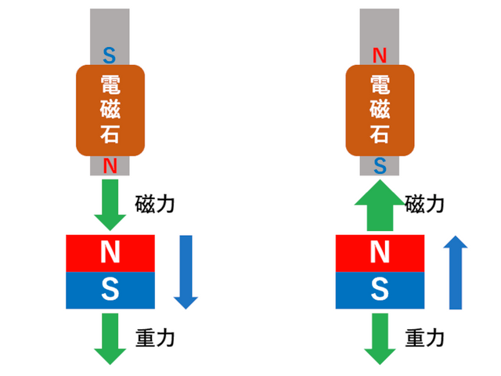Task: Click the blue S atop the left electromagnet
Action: tap(110, 55)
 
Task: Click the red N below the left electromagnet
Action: tap(110, 165)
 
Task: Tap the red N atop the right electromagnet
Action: tap(380, 55)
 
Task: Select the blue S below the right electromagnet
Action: tap(380, 165)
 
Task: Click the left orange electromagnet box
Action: tap(110, 110)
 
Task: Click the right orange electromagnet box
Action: tap(380, 110)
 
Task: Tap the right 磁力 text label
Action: tap(425, 205)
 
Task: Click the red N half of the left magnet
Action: tap(110, 252)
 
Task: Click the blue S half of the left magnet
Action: tap(110, 291)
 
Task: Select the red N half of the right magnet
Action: tap(380, 252)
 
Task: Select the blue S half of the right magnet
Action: tap(380, 291)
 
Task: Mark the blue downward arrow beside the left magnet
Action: tap(186, 270)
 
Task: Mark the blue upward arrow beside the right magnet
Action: tap(456, 274)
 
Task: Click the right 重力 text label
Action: tap(425, 338)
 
